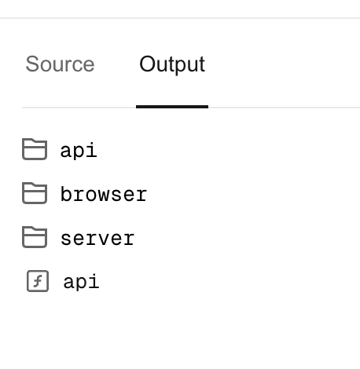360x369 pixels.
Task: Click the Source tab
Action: (60, 64)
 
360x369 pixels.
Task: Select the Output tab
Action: (172, 64)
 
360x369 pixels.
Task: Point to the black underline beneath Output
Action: (172, 107)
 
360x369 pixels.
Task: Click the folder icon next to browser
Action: (35, 193)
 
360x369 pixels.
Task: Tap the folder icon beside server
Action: (35, 237)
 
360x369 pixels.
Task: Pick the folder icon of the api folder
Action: (35, 149)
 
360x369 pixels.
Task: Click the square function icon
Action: (38, 281)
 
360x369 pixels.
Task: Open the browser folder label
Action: (104, 194)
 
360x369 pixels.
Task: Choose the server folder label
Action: (97, 239)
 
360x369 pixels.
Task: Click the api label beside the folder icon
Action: (79, 150)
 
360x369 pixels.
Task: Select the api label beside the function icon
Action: (81, 281)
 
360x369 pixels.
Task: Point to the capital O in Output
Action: (147, 64)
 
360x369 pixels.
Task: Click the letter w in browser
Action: (104, 195)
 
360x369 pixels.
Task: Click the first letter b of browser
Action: (66, 194)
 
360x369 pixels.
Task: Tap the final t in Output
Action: (202, 64)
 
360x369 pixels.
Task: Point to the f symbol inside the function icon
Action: (39, 281)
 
